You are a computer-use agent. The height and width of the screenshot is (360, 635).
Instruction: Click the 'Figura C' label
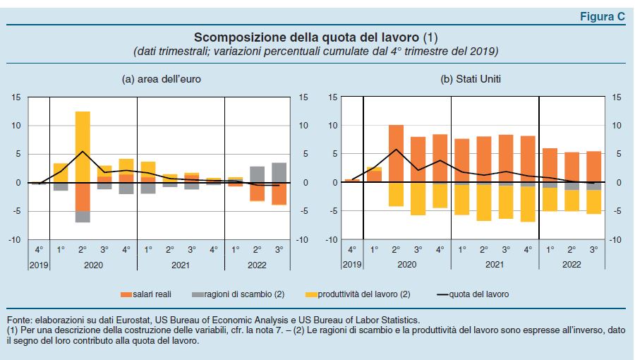coord(602,18)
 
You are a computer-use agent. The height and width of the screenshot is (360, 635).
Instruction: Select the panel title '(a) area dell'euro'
coord(162,79)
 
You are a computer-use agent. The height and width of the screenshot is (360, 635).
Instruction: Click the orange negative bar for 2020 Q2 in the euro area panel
coord(83,197)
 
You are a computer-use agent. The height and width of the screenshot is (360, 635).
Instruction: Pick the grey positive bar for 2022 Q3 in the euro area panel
coord(279,173)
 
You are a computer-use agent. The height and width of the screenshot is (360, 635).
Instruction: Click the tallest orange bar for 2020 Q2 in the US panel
coord(396,153)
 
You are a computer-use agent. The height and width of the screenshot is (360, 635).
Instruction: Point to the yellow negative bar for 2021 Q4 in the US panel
coord(527,204)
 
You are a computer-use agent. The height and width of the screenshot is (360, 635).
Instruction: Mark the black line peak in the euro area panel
coord(83,151)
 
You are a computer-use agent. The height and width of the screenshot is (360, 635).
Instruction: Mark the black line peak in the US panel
coord(397,149)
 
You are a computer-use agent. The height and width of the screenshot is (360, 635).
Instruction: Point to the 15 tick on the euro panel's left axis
coord(15,97)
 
